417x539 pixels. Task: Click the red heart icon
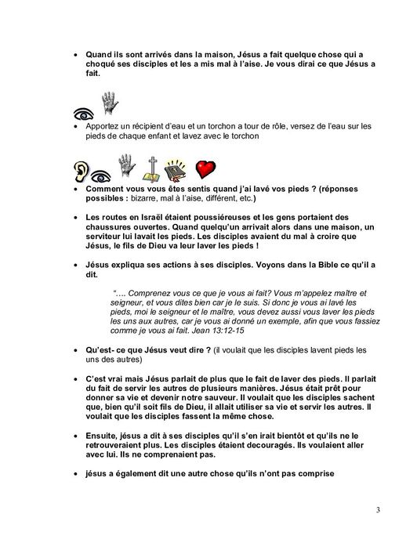206,169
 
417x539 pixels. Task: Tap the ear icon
82,171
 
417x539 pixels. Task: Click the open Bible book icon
177,169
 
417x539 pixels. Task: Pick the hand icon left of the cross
125,166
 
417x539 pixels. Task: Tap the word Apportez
100,125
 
